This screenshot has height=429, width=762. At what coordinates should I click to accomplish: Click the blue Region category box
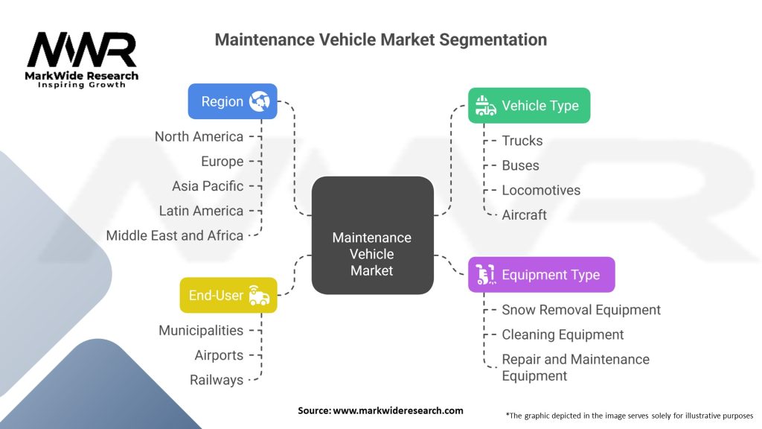coord(232,101)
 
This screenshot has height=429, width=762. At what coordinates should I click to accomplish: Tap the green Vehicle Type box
coord(528,106)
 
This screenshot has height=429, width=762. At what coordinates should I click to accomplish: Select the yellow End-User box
coord(228,295)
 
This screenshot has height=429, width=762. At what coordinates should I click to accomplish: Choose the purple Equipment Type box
coord(541,275)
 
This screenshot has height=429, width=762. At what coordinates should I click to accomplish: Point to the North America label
coord(199,136)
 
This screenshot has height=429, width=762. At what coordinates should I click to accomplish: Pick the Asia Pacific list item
coord(208,186)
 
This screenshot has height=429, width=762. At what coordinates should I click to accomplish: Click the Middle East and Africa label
coord(175,235)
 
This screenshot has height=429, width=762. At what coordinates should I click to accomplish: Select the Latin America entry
coord(201,211)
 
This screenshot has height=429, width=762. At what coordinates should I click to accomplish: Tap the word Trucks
coord(522,141)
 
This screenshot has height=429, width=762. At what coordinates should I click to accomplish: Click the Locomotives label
coord(540,190)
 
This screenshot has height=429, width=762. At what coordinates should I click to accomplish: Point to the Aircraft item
coord(524,214)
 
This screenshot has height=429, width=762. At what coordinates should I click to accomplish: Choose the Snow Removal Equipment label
coord(580,310)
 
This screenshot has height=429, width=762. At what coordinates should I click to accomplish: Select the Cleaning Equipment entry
coord(563,334)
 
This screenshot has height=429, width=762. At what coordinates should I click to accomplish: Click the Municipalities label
coord(201,330)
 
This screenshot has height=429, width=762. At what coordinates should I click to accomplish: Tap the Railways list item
coord(217,380)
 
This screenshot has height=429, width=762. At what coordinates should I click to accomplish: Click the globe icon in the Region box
coord(260,101)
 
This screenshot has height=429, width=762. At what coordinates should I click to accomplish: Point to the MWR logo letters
coord(82,51)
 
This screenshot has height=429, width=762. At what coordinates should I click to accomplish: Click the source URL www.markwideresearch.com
coord(397,410)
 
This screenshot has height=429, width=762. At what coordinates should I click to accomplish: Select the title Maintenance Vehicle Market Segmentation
coord(380,39)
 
